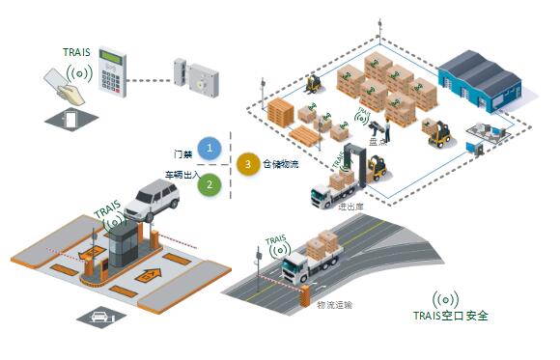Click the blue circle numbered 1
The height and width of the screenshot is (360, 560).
coord(211,149)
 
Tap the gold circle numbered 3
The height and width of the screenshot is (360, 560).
coord(248,164)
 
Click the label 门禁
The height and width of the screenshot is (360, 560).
coord(183,153)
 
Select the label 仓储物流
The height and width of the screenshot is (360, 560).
coord(281,165)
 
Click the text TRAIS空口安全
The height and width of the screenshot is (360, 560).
coord(451,316)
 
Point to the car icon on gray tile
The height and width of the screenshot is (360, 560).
coord(99,316)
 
